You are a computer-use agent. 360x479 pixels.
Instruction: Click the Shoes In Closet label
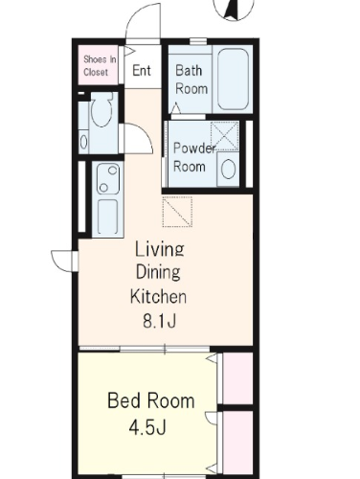coord(100,65)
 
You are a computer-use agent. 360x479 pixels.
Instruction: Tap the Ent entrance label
coord(142,70)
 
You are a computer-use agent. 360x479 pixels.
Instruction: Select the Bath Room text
coord(191,80)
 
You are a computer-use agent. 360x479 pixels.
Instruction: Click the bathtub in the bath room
coord(233,80)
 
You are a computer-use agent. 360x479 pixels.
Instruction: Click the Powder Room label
coord(193,157)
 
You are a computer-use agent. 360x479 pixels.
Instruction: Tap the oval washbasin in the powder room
coord(228,169)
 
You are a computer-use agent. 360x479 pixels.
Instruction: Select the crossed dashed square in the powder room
coord(224,136)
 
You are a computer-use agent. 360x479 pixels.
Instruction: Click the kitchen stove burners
coord(108,179)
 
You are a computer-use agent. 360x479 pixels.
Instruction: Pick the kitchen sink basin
coord(107,217)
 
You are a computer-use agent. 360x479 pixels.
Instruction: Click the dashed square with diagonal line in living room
coord(177,212)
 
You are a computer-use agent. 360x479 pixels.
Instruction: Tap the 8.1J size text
coord(159,321)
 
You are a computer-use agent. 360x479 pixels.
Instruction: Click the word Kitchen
coord(158,296)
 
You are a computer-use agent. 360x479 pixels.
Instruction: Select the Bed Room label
coord(151,400)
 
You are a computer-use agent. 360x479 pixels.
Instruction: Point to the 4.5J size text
coord(147,427)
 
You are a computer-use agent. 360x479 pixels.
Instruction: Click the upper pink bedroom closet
coord(237,378)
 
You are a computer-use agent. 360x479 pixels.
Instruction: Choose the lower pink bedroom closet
coord(237,443)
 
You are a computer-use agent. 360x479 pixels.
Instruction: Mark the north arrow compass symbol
coord(234,8)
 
